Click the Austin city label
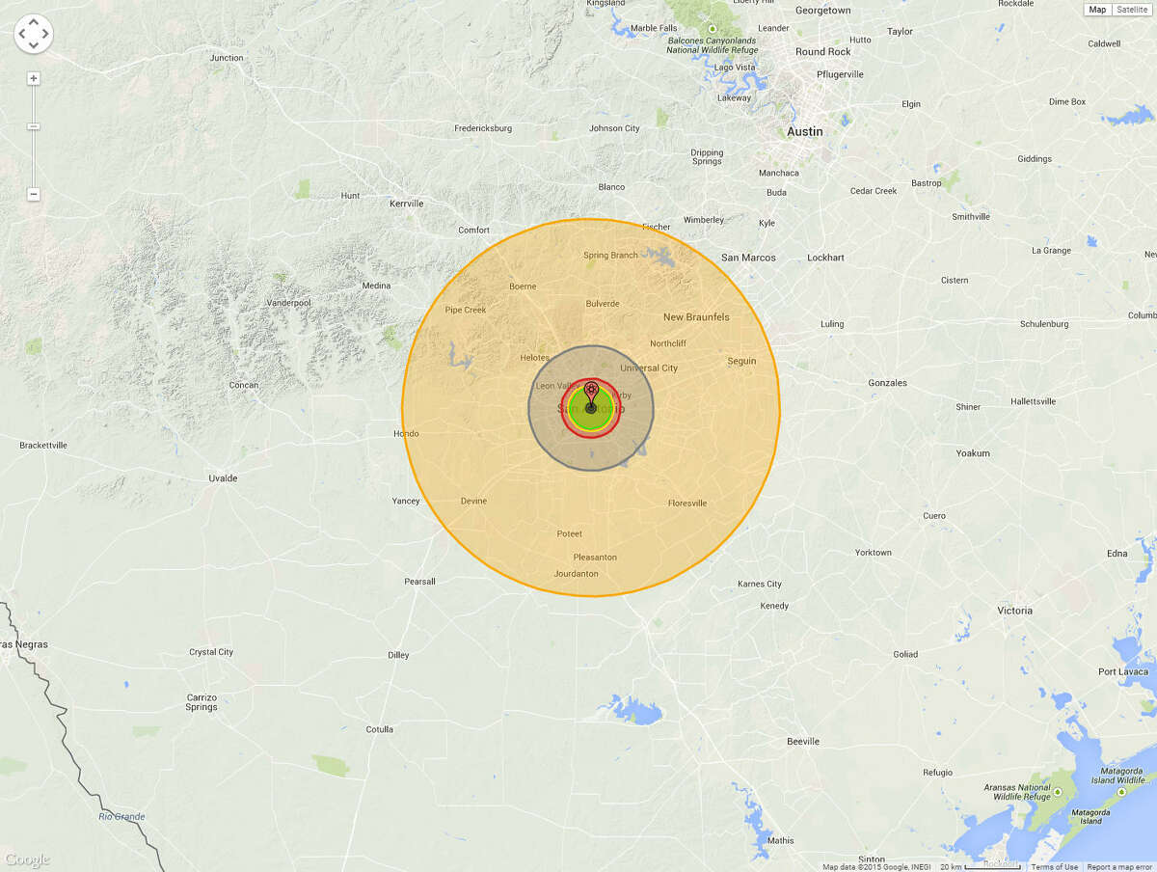coord(805,131)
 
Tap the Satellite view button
coord(1132,10)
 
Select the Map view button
coord(1097,10)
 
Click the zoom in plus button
coord(34,78)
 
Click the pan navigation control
coord(34,34)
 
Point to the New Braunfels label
coord(696,317)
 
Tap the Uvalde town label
coord(223,478)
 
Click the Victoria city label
coord(1014,611)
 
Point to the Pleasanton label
coord(595,558)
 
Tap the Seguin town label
coord(741,362)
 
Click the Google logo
coord(27,859)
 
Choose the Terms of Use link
coord(1055,867)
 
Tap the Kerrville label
coord(406,204)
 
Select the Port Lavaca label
coord(1120,672)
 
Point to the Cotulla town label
coord(380,729)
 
